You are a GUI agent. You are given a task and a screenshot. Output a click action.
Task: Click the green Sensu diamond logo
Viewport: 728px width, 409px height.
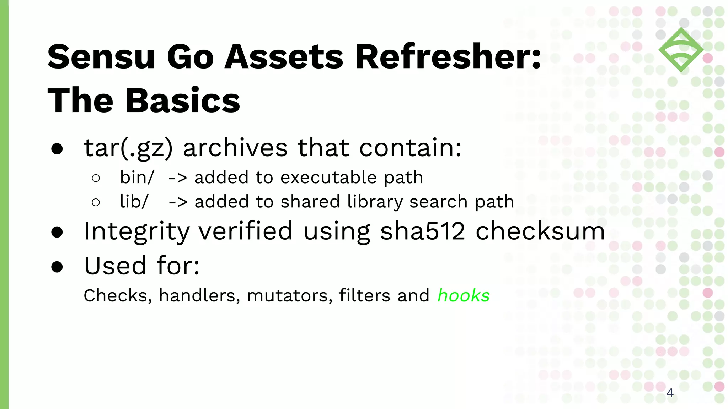pyautogui.click(x=681, y=50)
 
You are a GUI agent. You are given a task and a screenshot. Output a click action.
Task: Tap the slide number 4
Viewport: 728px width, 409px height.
pyautogui.click(x=670, y=393)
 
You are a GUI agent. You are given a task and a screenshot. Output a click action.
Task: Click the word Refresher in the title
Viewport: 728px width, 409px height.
pyautogui.click(x=448, y=57)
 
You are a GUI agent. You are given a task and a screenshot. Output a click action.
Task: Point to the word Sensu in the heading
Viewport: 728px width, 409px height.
pyautogui.click(x=101, y=57)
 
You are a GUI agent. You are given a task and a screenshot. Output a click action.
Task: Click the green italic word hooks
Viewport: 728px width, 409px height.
pyautogui.click(x=463, y=295)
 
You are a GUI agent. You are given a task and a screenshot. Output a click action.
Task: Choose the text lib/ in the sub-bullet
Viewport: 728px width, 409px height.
pyautogui.click(x=134, y=202)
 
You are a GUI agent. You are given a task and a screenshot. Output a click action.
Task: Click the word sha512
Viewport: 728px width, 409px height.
pyautogui.click(x=423, y=231)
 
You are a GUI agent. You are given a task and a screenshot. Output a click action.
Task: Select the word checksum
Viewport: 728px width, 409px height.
pyautogui.click(x=540, y=231)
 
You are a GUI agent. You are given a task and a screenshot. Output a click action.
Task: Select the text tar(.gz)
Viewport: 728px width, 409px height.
pyautogui.click(x=128, y=148)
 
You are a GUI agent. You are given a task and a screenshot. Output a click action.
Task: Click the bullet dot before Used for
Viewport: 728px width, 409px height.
pyautogui.click(x=57, y=267)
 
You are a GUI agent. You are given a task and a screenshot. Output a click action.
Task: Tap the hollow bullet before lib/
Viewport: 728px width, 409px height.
pyautogui.click(x=96, y=202)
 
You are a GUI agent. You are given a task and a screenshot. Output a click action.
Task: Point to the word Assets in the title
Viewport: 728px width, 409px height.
pyautogui.click(x=284, y=57)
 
